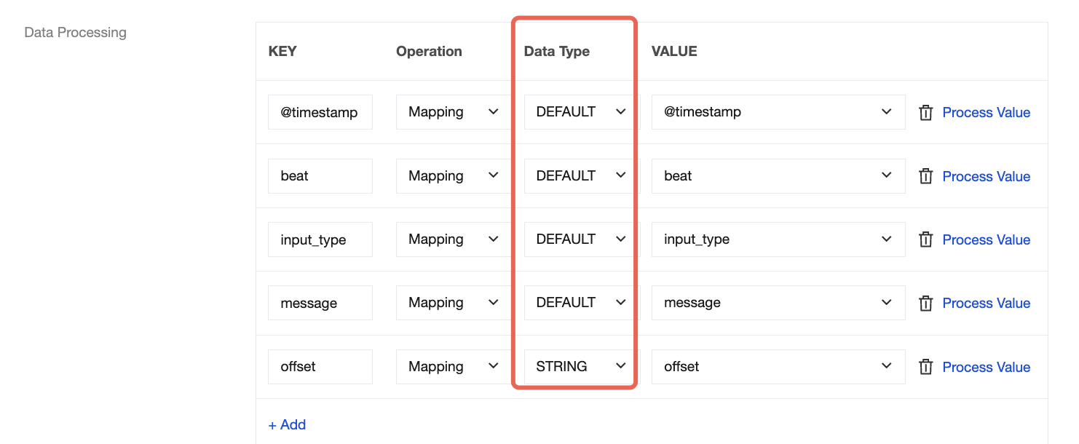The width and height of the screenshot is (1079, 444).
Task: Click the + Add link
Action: [x=287, y=425]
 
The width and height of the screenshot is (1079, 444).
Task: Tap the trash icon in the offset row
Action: [x=925, y=367]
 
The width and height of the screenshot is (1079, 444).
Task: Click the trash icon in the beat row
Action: [x=925, y=176]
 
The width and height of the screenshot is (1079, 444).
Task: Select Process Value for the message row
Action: [x=986, y=303]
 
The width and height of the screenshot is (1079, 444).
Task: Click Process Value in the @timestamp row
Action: [x=986, y=112]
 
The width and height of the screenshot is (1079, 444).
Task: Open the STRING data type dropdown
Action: [x=580, y=366]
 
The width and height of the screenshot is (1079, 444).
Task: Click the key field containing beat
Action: [x=320, y=175]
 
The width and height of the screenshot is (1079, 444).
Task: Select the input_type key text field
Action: [x=320, y=239]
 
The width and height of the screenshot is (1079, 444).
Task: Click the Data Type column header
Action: [x=556, y=51]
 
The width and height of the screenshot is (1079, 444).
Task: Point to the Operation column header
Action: [x=429, y=51]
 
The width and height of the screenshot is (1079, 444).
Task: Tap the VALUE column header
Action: [x=674, y=51]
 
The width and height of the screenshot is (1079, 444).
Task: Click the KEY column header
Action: [x=282, y=51]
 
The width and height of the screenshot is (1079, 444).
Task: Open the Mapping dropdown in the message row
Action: [x=454, y=303]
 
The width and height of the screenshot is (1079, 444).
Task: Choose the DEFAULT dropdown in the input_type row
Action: [x=580, y=239]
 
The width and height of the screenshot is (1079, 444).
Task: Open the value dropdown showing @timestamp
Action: [x=778, y=112]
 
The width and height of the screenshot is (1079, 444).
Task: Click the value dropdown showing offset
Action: [x=778, y=366]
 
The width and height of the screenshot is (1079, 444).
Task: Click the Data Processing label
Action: [x=75, y=32]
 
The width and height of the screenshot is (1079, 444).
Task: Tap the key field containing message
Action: [x=320, y=303]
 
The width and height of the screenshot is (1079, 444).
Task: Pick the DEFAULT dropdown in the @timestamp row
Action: [x=580, y=112]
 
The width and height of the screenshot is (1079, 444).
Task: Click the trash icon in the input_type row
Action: [x=925, y=239]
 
